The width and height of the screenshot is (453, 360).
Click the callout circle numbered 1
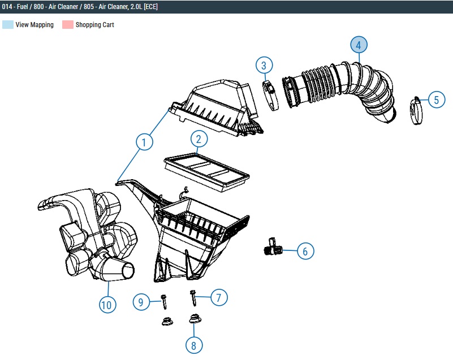(144, 142)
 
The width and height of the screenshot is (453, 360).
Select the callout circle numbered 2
(199, 139)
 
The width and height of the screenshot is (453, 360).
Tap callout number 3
(264, 65)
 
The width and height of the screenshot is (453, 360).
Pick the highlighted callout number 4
(359, 45)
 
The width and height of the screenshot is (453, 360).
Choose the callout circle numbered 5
(436, 99)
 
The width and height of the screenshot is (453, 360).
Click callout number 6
(305, 251)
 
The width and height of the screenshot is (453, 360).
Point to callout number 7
(219, 297)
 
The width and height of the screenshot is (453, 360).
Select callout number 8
(194, 345)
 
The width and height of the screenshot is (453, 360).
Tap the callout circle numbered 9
(141, 302)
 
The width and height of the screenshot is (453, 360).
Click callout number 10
(107, 305)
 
